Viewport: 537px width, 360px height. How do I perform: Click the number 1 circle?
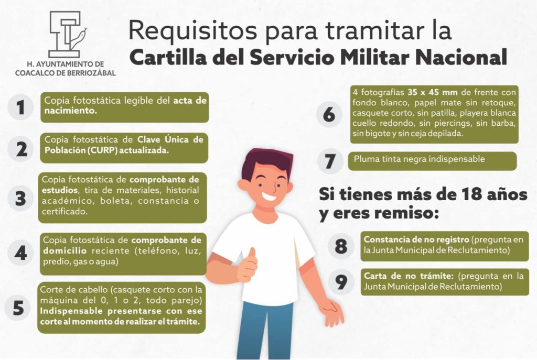[x=20, y=107]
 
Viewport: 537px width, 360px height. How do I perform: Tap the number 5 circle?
[x=18, y=308]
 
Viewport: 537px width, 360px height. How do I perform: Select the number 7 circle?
[x=330, y=161]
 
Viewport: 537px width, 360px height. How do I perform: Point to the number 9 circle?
[x=341, y=282]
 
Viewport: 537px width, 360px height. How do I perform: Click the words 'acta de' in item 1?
[x=190, y=100]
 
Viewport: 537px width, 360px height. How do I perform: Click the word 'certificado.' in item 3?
[x=65, y=212]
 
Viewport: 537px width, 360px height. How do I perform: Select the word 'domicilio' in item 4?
[x=65, y=251]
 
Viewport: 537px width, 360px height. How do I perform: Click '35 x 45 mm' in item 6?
[x=433, y=92]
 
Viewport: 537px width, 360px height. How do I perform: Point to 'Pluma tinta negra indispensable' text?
[x=419, y=159]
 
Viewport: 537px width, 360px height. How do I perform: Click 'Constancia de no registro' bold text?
[x=416, y=239]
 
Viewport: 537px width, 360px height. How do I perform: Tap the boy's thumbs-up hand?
[x=248, y=265]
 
